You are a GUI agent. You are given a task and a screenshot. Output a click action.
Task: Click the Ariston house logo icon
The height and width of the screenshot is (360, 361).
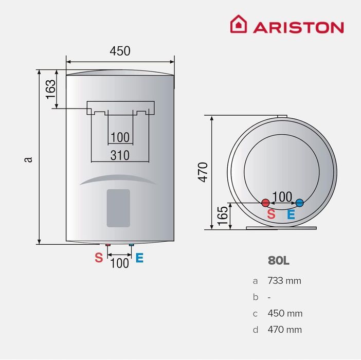238,24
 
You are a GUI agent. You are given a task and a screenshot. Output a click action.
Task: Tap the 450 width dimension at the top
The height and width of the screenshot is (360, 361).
120,51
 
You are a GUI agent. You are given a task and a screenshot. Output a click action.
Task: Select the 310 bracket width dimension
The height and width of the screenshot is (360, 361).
120,155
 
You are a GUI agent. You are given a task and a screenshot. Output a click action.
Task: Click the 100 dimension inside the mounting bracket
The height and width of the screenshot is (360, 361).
120,137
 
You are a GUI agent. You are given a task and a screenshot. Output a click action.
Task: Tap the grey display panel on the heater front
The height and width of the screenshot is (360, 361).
118,208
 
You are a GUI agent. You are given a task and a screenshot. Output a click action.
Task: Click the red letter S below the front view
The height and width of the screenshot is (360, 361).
99,258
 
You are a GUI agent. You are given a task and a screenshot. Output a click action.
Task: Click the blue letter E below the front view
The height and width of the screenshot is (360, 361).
139,258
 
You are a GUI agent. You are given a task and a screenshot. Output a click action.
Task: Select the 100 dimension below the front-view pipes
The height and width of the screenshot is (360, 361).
120,263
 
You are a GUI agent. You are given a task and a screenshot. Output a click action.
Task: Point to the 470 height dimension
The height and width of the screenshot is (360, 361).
203,172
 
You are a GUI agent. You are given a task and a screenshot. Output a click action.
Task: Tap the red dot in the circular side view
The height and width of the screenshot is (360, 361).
266,203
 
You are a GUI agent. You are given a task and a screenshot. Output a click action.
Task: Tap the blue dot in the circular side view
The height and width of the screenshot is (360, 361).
300,203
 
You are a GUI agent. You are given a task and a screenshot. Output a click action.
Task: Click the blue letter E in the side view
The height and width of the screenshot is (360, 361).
291,215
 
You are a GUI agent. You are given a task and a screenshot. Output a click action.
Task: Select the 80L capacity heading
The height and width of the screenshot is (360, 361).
279,260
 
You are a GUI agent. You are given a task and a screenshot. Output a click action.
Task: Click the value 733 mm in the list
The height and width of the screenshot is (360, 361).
284,281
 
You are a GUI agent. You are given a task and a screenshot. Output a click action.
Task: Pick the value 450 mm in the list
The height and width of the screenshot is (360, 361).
284,313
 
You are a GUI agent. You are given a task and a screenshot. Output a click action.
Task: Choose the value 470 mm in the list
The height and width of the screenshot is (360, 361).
284,330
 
